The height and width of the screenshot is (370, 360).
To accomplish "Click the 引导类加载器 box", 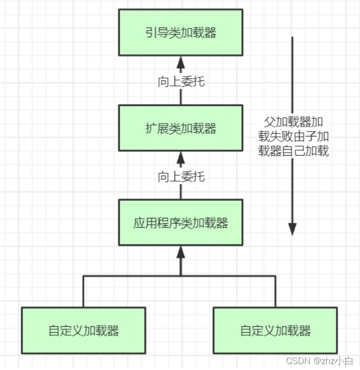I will pyautogui.click(x=180, y=33).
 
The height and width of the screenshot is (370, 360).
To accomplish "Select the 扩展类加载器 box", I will pyautogui.click(x=180, y=128).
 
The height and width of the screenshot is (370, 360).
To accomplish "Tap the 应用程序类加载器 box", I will pyautogui.click(x=180, y=222).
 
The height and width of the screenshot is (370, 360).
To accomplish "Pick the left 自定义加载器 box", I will pyautogui.click(x=83, y=330).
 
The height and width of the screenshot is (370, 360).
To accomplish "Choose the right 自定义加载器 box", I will pyautogui.click(x=275, y=330).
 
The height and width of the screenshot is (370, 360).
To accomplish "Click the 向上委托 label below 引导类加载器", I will pyautogui.click(x=180, y=81).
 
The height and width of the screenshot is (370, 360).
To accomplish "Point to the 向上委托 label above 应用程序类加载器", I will pyautogui.click(x=180, y=176).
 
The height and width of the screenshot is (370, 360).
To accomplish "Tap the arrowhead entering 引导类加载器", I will pyautogui.click(x=180, y=61).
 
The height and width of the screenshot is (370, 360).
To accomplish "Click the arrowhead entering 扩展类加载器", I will pyautogui.click(x=180, y=157).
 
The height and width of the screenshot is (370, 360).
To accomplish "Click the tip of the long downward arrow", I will pyautogui.click(x=292, y=231).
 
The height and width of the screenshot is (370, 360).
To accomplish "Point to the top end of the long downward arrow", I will pyautogui.click(x=292, y=37).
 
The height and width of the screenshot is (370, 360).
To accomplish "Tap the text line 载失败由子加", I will pyautogui.click(x=293, y=136).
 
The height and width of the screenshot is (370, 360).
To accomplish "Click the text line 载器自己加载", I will pyautogui.click(x=293, y=151).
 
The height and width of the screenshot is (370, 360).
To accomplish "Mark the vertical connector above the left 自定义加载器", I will pyautogui.click(x=83, y=291).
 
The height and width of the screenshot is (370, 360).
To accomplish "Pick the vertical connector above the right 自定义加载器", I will pyautogui.click(x=275, y=291).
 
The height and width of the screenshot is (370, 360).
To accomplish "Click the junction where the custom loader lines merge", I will pyautogui.click(x=180, y=276).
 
